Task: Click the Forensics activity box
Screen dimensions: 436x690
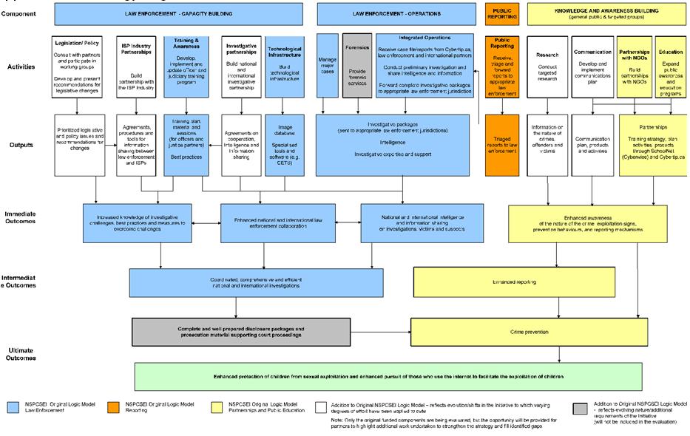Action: (x=357, y=65)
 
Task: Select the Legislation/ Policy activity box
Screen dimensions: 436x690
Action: (x=78, y=67)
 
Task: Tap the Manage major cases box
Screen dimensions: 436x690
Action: (x=327, y=65)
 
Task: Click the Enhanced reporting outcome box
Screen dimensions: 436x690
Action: (x=514, y=282)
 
